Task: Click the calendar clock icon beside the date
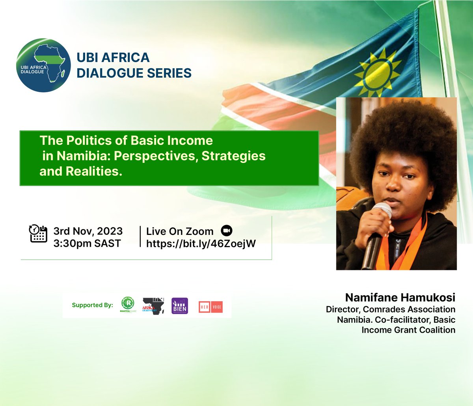point(38,233)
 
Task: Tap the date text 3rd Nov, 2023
point(88,231)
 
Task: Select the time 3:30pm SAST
point(87,244)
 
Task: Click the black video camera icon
point(227,231)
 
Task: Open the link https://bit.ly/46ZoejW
point(201,244)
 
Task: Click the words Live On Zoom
point(180,231)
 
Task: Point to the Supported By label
point(92,305)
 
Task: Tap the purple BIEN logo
point(180,306)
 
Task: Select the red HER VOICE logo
point(210,307)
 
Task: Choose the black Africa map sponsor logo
point(153,306)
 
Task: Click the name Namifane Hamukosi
point(400,298)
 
